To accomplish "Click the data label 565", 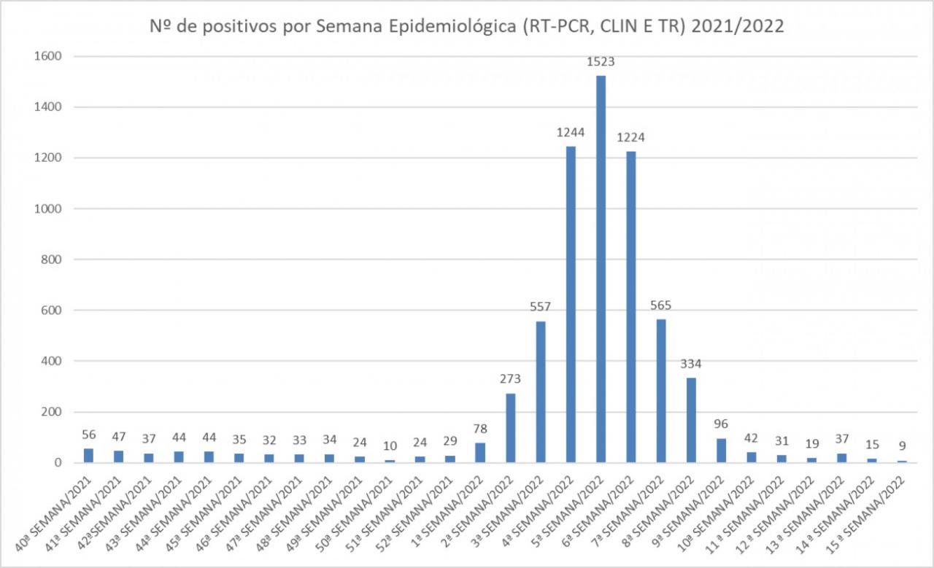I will coord(661,306).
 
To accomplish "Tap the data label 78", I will coord(479,429).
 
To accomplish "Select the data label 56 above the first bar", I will coord(88,435).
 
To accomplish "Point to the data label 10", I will coord(390,446).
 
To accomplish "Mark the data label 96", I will coord(721,424).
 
